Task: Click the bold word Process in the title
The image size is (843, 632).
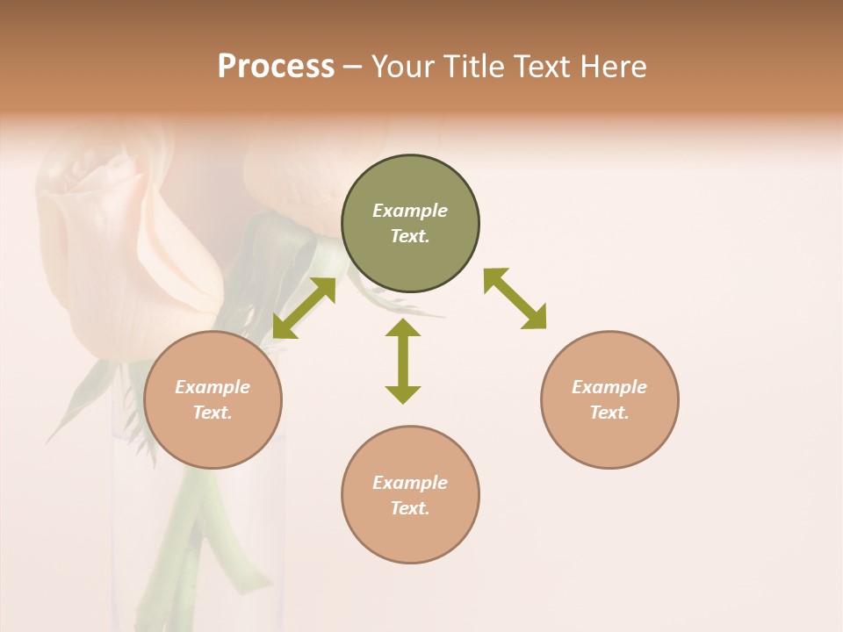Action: point(276,67)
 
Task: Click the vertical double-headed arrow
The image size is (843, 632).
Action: point(403,362)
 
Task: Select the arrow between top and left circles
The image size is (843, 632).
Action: point(304,308)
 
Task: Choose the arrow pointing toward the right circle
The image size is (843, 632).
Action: point(515,298)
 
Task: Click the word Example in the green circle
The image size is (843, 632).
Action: point(410,211)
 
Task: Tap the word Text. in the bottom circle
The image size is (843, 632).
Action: point(410,508)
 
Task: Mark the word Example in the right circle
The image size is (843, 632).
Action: point(609,387)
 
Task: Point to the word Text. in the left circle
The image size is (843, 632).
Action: point(213,413)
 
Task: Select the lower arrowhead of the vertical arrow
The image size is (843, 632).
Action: point(403,395)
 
